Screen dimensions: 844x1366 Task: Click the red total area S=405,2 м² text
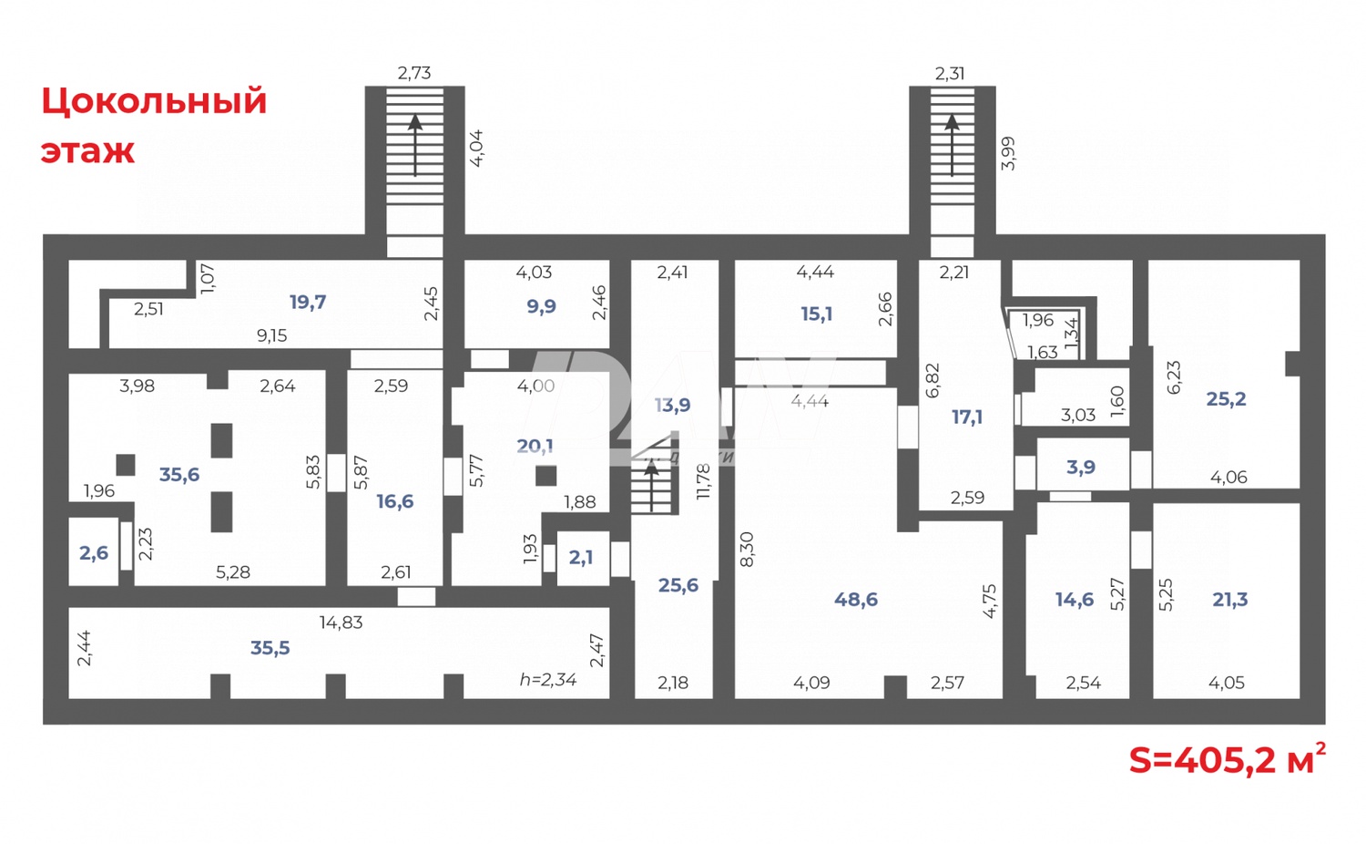[x=1226, y=760]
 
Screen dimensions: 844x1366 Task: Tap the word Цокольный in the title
[x=154, y=101]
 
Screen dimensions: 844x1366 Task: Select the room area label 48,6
[x=856, y=599]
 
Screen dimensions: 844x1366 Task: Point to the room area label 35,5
[x=270, y=648]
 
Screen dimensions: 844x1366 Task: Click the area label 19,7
[x=308, y=302]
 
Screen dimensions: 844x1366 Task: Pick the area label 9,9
[x=541, y=306]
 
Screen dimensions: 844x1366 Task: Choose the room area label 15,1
[x=816, y=314]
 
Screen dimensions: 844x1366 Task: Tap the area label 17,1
[x=967, y=417]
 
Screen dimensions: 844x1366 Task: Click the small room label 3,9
[x=1081, y=467]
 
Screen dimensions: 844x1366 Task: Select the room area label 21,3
[x=1229, y=599]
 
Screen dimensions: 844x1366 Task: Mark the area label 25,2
[x=1226, y=398]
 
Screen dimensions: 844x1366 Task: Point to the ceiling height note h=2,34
[x=547, y=679]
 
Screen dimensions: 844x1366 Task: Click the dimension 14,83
[x=341, y=623]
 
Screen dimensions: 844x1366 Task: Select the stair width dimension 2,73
[x=414, y=73]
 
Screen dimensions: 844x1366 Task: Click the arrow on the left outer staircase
[x=415, y=146]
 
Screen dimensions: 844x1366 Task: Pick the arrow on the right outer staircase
[x=952, y=146]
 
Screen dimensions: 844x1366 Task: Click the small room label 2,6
[x=94, y=553]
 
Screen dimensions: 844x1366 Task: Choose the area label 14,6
[x=1075, y=599]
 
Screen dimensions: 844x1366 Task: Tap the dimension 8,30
[x=747, y=550]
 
